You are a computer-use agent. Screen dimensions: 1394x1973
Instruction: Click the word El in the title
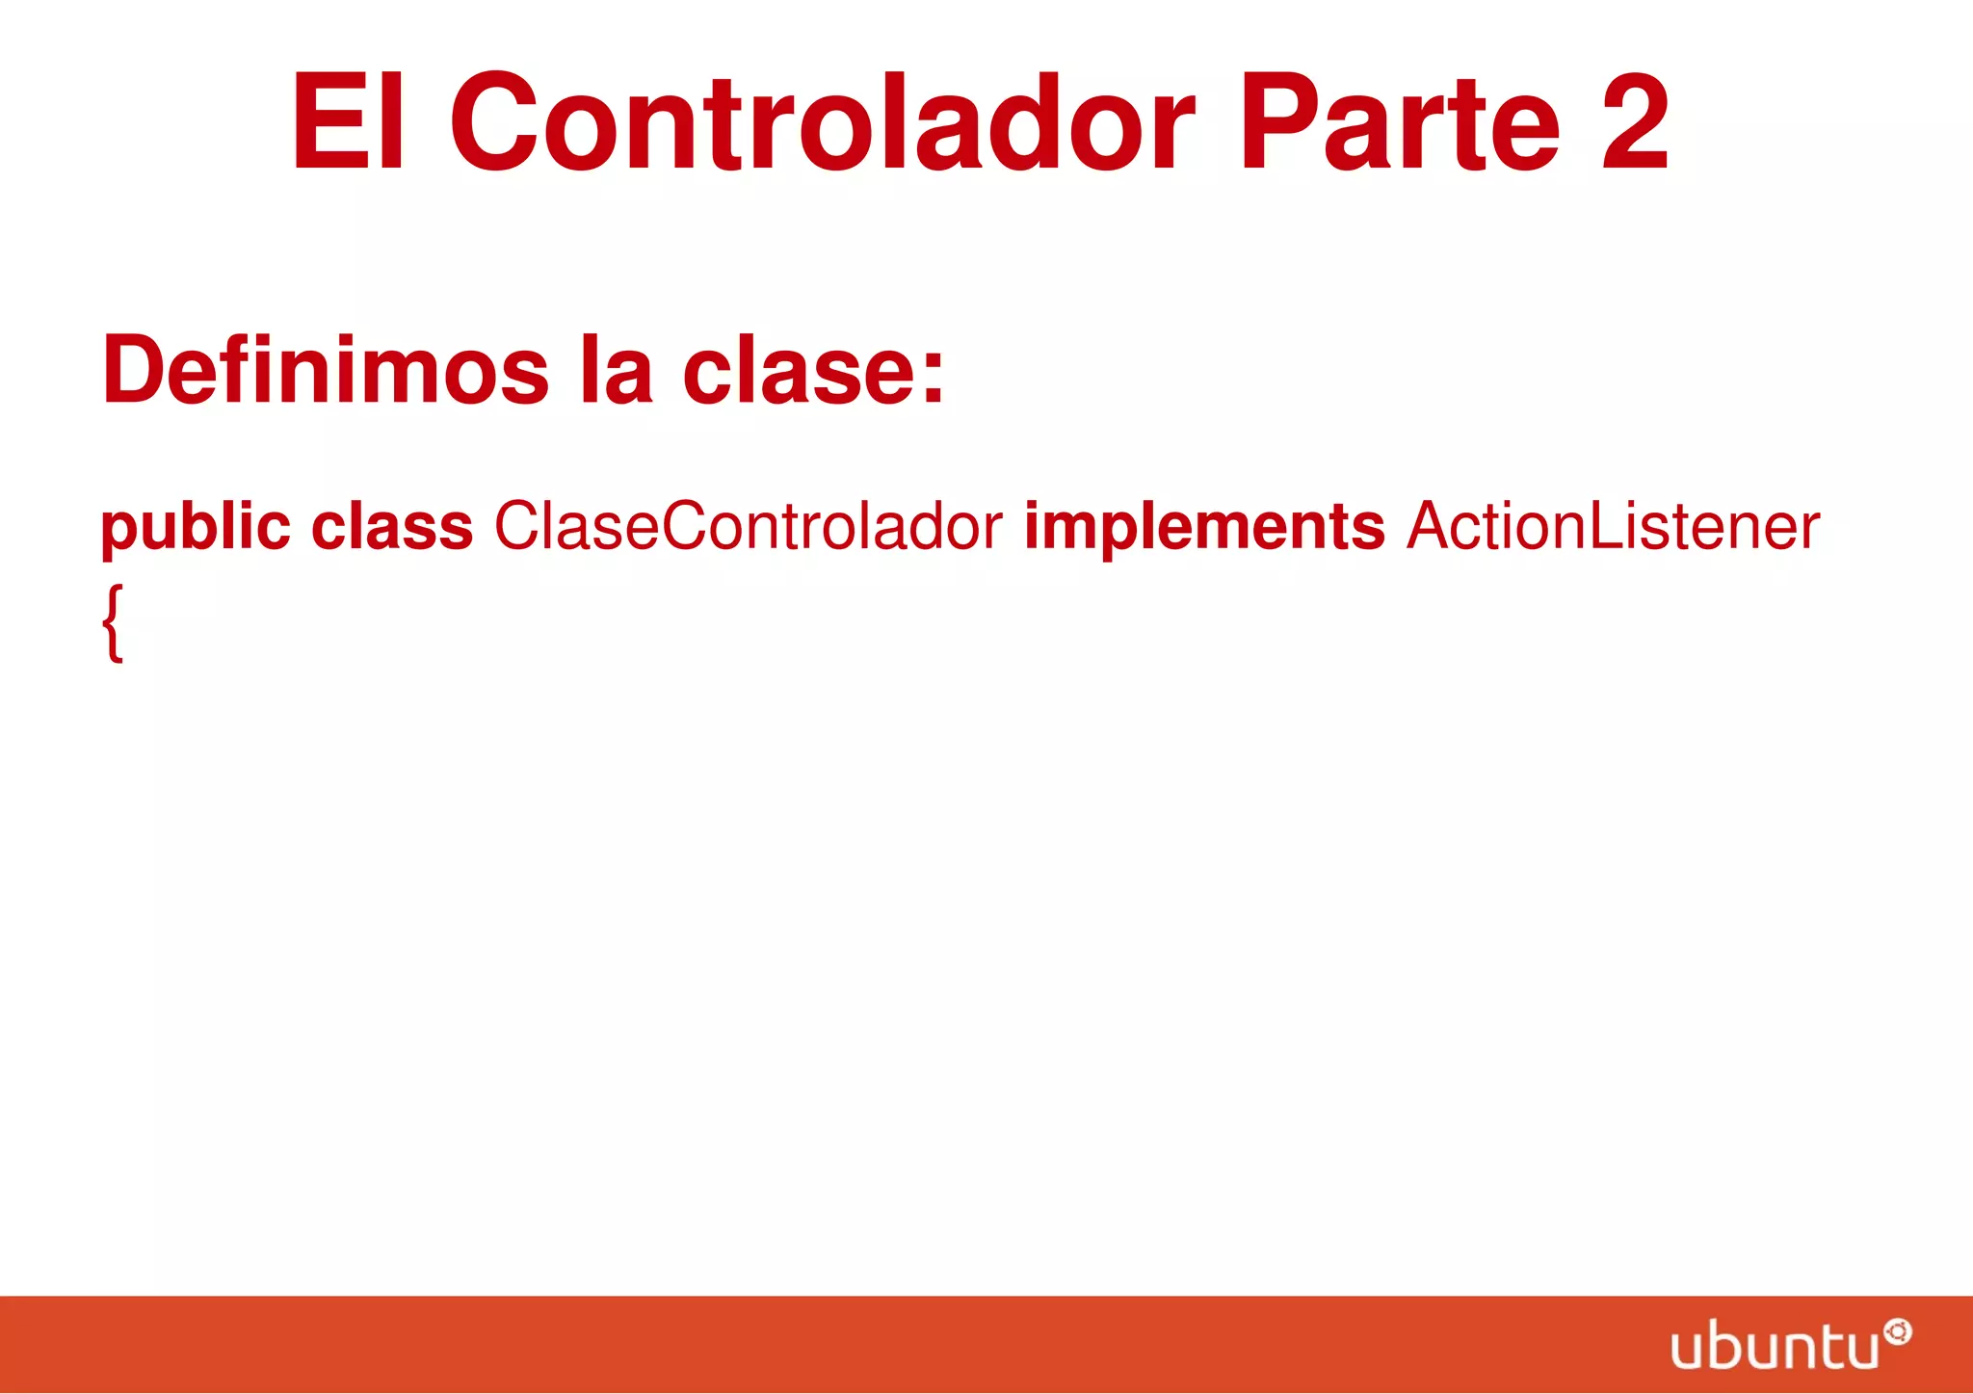coord(349,122)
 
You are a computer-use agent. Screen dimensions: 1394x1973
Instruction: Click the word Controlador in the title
coord(822,122)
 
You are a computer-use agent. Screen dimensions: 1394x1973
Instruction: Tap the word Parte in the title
coord(1399,122)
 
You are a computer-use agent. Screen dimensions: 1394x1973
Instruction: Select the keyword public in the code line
coord(196,527)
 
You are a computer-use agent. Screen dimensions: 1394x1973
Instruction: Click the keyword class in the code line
coord(392,527)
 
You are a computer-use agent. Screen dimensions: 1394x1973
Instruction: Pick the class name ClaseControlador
coord(748,527)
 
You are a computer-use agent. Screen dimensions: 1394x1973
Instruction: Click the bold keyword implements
coord(1203,527)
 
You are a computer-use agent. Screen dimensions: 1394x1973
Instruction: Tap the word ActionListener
coord(1613,527)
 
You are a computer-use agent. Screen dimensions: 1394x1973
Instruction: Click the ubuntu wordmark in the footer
coord(1774,1346)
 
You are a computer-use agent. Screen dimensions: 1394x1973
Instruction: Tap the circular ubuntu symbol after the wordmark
coord(1897,1333)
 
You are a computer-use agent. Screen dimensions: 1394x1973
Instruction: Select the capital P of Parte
coord(1275,122)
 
